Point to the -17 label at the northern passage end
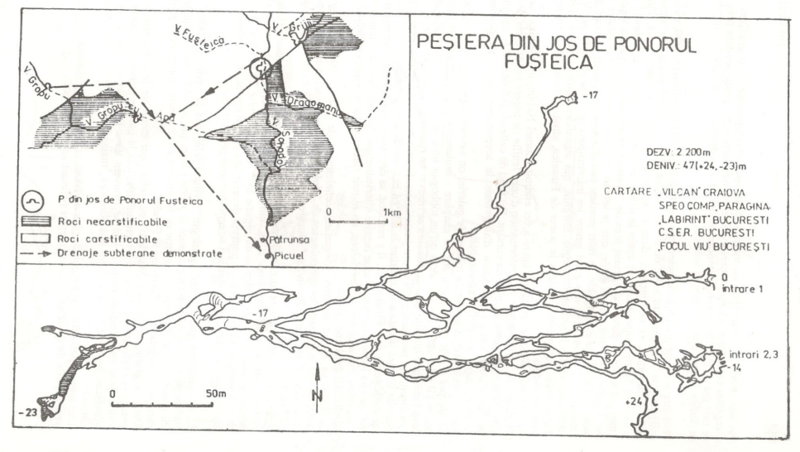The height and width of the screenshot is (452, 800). (x=589, y=97)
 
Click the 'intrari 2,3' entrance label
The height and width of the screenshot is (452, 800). (x=754, y=355)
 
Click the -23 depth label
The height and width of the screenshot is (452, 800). (x=26, y=411)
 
